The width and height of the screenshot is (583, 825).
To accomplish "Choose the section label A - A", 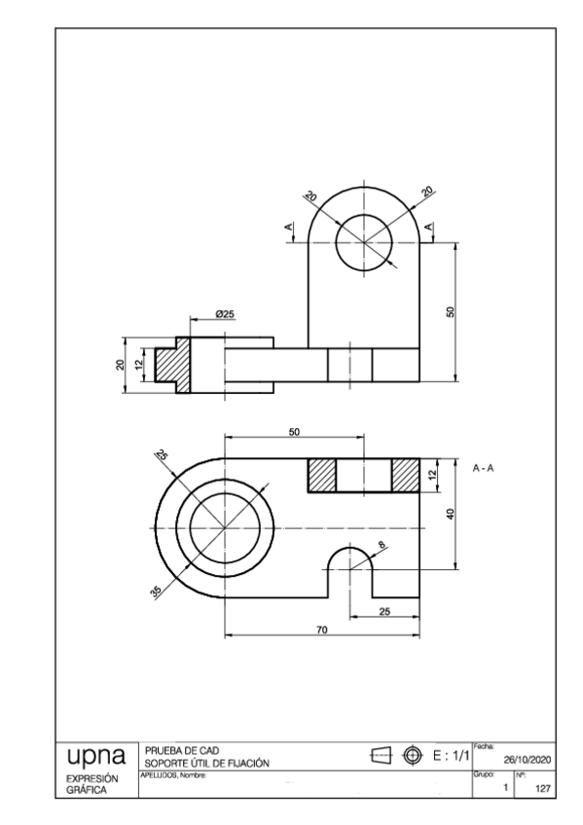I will coord(484,469).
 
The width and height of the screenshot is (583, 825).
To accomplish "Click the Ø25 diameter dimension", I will coord(225,314).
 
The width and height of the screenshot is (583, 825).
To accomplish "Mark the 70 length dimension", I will coord(322,630).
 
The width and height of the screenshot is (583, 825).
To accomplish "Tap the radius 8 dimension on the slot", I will coord(383,546).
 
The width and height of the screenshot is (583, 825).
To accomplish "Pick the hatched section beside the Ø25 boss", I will coord(176,365).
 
